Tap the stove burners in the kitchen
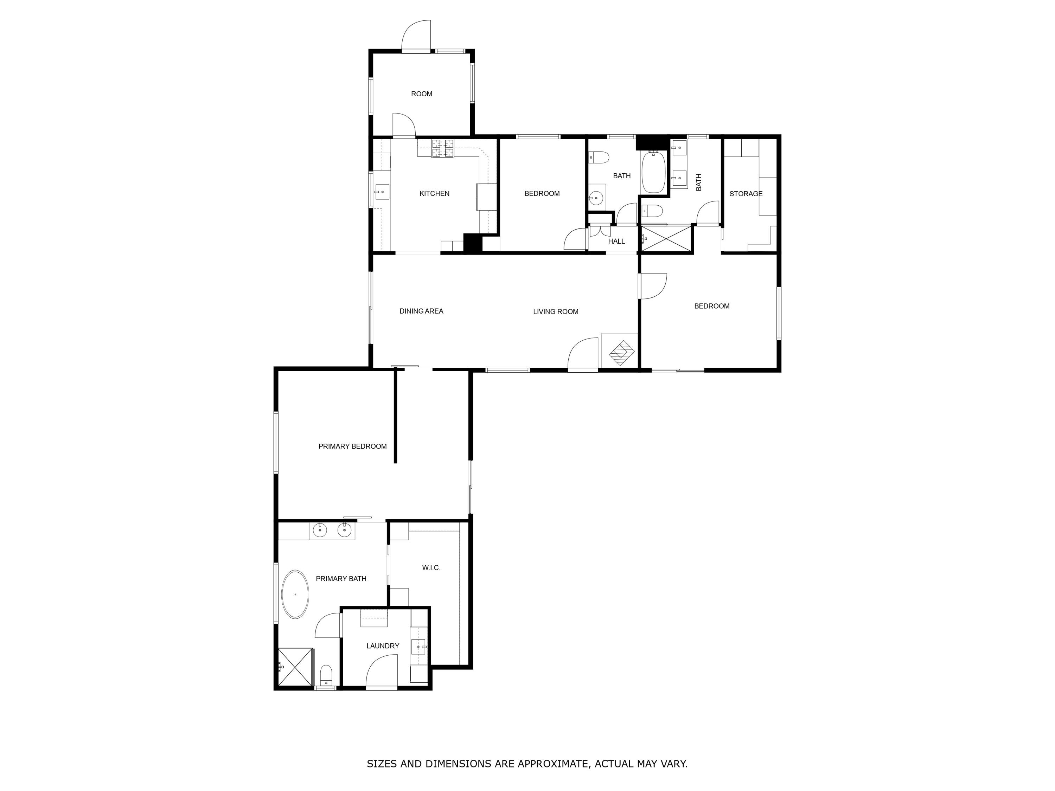tap(443, 148)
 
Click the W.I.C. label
tap(431, 567)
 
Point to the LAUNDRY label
tap(383, 645)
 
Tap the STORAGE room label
tap(746, 194)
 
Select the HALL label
tap(616, 241)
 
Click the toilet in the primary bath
tap(326, 674)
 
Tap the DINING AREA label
tap(421, 311)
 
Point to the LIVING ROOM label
tap(556, 311)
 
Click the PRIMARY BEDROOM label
tap(352, 446)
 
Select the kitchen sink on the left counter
tap(382, 192)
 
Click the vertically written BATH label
tap(699, 182)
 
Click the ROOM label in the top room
tap(422, 94)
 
